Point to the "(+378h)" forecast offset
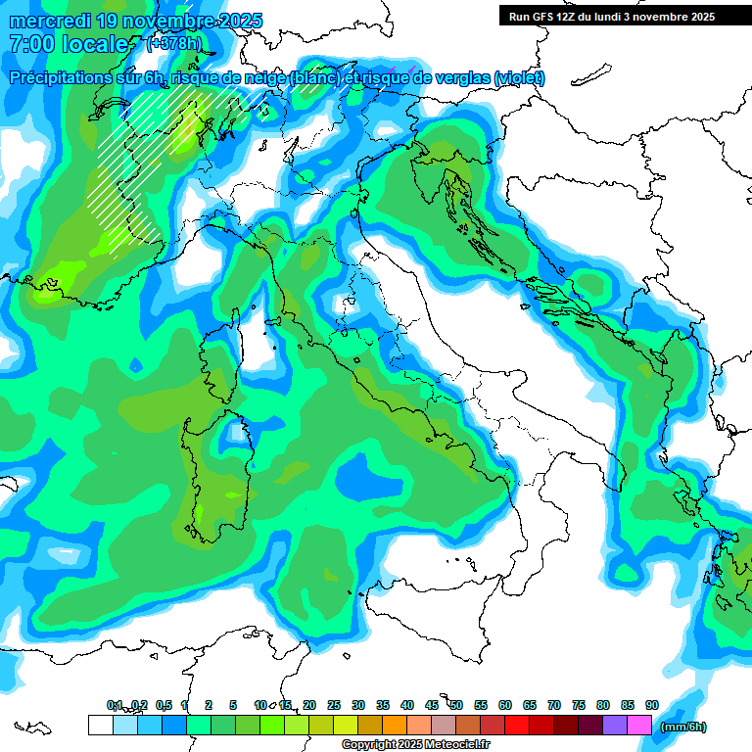tap(173, 43)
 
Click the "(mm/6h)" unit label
tap(682, 727)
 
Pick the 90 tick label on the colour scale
tap(652, 705)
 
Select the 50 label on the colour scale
tap(456, 705)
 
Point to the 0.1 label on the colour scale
tap(115, 705)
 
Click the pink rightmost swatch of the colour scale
tap(640, 725)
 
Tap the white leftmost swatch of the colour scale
tap(100, 725)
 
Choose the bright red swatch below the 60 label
tap(517, 725)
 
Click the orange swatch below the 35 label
tap(395, 725)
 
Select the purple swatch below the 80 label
tap(615, 725)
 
